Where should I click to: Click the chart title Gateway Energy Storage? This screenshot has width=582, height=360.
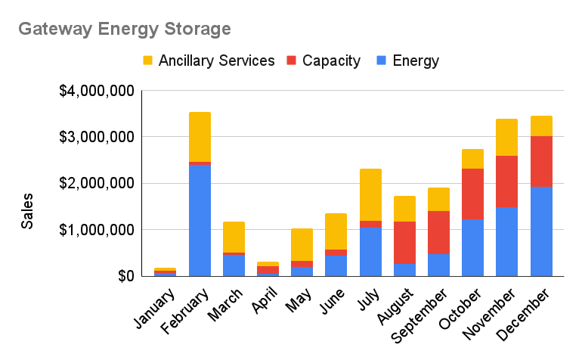point(124,29)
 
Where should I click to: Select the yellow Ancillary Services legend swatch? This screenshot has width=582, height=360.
point(147,61)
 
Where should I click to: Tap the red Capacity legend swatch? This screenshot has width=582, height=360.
point(290,61)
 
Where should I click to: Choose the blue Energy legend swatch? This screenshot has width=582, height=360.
point(381,61)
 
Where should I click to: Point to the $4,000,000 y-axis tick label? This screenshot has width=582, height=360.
point(97,92)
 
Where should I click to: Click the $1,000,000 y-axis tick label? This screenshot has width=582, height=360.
point(97,230)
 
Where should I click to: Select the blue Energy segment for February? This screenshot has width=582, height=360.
point(200,219)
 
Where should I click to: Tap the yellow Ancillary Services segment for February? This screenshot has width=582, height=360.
point(200,137)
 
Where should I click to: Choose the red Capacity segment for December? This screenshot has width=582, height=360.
point(541,161)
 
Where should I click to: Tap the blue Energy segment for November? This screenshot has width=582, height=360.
point(506,241)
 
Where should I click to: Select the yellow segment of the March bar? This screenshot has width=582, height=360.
point(234,237)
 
